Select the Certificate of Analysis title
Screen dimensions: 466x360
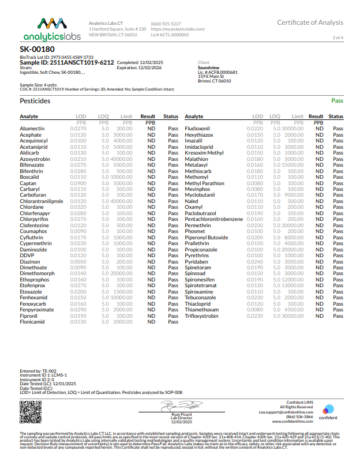coord(310,22)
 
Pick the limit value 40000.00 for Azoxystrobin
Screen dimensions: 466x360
coord(119,158)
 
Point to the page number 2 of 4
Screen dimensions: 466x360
coord(338,37)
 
